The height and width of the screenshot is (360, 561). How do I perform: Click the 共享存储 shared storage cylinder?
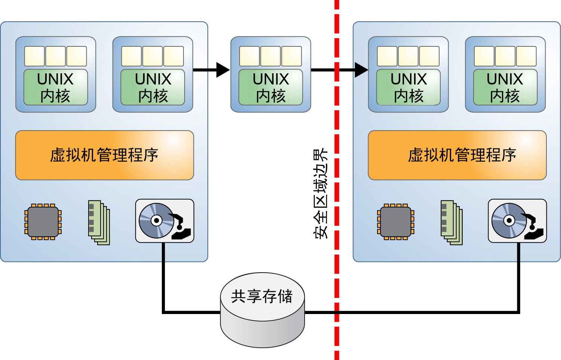tap(262, 310)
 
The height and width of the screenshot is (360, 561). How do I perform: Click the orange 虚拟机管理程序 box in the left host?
tap(104, 155)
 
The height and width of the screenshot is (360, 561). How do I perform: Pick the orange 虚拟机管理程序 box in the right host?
tap(457, 155)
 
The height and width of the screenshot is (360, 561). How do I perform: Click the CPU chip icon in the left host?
tap(43, 222)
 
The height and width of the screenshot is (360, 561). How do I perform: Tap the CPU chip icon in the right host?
tap(396, 222)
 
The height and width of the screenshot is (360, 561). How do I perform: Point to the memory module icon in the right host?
tap(451, 222)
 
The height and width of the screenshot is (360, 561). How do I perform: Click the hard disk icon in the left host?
tap(164, 221)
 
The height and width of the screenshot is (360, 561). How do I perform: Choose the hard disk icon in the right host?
tap(517, 221)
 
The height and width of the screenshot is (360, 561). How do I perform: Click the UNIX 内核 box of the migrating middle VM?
tap(271, 87)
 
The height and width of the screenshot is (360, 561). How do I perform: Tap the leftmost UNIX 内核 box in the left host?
tap(56, 87)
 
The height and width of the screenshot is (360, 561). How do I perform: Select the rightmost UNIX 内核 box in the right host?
tap(505, 87)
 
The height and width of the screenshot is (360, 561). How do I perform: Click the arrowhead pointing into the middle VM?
tap(223, 70)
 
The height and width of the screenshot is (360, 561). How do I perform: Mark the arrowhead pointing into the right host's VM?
tap(361, 70)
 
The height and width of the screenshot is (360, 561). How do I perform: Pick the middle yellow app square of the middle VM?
tap(271, 56)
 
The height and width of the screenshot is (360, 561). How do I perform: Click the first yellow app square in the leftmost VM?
tap(34, 56)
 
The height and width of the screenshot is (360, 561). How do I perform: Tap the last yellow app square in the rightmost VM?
tap(526, 56)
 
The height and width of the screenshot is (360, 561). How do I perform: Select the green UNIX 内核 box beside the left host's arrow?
tap(153, 87)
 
